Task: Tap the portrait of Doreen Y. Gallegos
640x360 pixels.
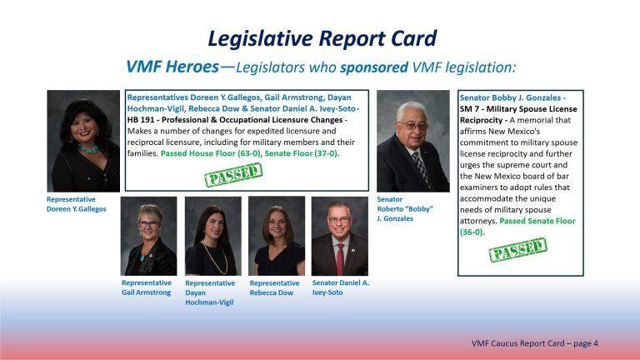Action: pos(83,141)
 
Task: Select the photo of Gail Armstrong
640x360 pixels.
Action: pos(148,236)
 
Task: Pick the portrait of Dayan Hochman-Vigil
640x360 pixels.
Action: pos(212,236)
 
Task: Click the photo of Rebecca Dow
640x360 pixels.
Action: pos(277,236)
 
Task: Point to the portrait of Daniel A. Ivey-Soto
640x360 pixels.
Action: pos(340,236)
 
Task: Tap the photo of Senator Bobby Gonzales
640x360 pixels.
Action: pos(412,141)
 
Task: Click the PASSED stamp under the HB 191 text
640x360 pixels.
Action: pos(233,176)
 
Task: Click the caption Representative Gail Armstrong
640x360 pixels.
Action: pos(147,287)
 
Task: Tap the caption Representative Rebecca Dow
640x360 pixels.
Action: pos(274,288)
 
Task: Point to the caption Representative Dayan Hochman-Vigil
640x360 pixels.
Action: pos(210,292)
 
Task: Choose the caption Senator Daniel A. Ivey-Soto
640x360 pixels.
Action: pos(340,287)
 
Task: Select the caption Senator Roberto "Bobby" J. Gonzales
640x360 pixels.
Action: pos(405,209)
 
